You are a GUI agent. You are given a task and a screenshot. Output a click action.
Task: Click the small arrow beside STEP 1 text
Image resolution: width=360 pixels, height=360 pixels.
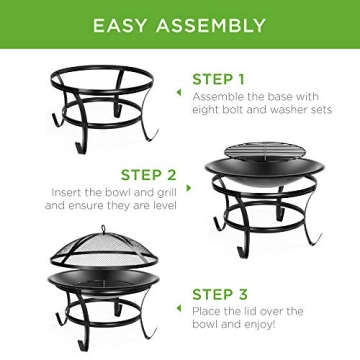click(x=178, y=93)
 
